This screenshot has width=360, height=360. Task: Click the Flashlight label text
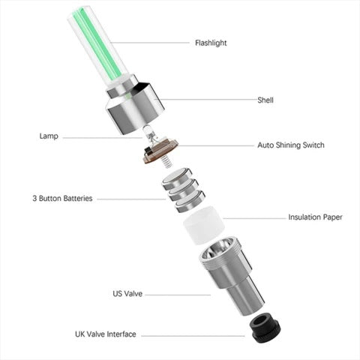coord(211,43)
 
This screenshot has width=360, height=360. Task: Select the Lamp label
coord(49,136)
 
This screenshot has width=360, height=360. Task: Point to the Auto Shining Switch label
coord(290,145)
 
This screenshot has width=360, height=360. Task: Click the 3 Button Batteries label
coord(62,199)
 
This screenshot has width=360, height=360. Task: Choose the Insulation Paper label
coord(315,217)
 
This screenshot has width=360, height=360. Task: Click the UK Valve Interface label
coord(106,334)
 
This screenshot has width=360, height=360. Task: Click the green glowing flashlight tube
coord(98,46)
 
